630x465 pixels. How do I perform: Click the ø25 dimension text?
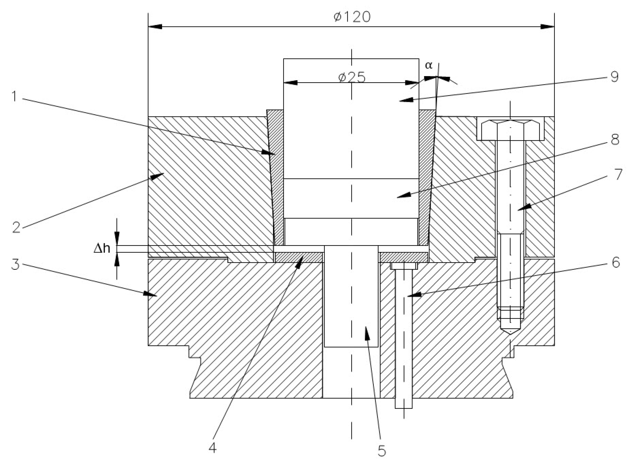point(352,77)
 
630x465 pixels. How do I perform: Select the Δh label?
point(102,249)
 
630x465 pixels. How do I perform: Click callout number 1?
point(15,97)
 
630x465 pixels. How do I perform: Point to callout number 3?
point(15,265)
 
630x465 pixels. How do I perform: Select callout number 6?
point(616,262)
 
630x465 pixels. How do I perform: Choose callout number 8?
point(615,139)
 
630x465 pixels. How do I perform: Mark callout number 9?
point(615,77)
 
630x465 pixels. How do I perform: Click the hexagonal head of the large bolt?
point(510,130)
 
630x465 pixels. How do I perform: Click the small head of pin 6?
point(404,266)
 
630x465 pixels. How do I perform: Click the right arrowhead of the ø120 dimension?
point(548,27)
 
